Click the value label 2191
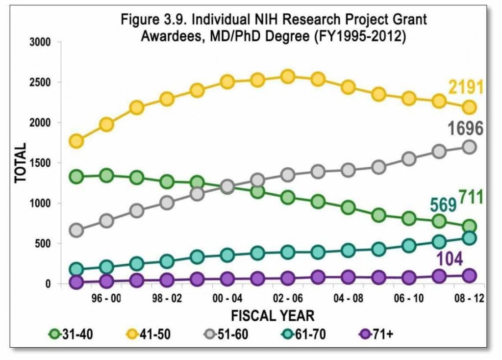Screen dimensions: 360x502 tap(466, 87)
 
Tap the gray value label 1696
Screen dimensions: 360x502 tap(465, 129)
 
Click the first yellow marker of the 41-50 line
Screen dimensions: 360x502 tap(76, 141)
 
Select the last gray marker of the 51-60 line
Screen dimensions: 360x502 tap(469, 147)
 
